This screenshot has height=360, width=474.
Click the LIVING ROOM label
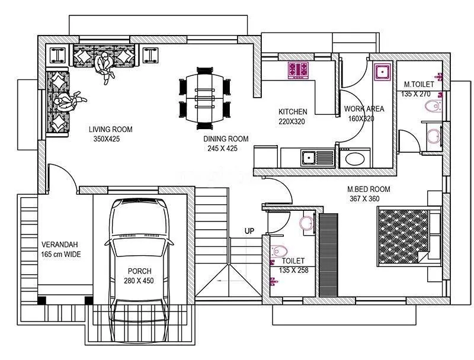110,129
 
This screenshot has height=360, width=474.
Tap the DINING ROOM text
226,139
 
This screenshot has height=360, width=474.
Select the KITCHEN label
293,112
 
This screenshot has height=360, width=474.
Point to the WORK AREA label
364,109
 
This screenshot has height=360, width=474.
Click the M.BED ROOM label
369,189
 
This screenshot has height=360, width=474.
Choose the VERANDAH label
60,245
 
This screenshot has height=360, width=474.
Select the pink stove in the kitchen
298,70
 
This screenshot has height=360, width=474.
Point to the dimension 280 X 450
139,281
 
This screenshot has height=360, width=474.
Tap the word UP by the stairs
249,231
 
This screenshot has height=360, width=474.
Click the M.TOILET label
418,85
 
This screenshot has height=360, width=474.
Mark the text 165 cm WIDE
60,255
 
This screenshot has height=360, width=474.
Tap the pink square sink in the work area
382,72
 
